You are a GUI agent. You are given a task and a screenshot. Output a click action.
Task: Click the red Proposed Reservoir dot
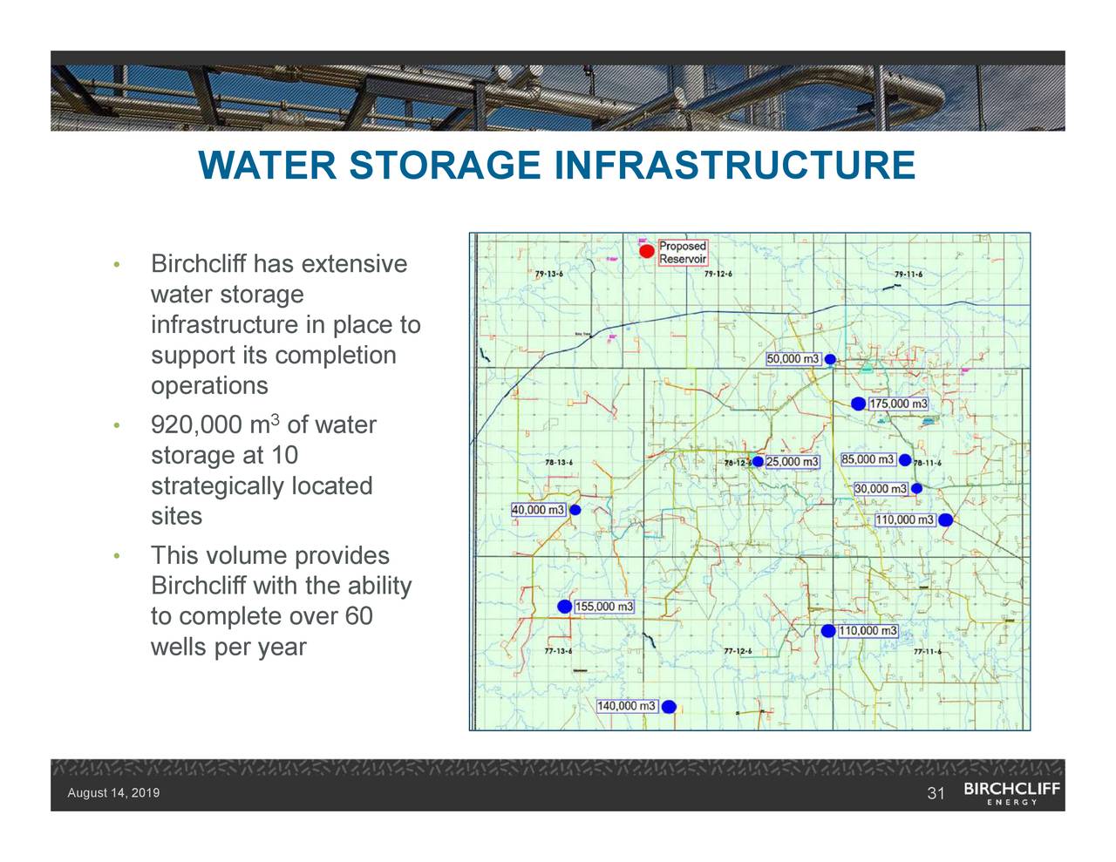click(x=646, y=252)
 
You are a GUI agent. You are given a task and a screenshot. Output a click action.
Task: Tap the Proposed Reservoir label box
click(x=682, y=253)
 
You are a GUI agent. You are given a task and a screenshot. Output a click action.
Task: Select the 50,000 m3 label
click(x=793, y=359)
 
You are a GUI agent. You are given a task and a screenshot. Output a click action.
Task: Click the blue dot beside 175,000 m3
click(x=858, y=404)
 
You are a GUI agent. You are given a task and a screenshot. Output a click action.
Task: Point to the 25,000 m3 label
click(x=792, y=461)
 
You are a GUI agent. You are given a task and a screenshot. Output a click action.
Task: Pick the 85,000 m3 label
click(x=868, y=459)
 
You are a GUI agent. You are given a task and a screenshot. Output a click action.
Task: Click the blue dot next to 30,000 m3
click(x=916, y=489)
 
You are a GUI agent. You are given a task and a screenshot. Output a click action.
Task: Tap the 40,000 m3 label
click(x=538, y=510)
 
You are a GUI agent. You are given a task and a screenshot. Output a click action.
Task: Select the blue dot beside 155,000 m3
click(x=564, y=607)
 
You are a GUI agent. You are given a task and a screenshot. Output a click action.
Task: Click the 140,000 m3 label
click(x=626, y=706)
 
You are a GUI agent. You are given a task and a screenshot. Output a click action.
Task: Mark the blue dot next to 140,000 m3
click(x=669, y=707)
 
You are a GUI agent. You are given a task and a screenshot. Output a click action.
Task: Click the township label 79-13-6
click(x=549, y=275)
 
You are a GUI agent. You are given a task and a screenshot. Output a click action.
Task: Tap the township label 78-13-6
click(x=558, y=462)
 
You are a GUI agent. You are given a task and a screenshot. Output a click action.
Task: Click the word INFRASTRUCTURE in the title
click(x=734, y=166)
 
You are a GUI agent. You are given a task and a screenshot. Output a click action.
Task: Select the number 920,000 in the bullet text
click(x=196, y=425)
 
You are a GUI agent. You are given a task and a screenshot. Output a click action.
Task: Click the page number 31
click(x=936, y=793)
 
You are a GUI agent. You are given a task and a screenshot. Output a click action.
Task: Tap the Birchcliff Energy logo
click(x=1011, y=793)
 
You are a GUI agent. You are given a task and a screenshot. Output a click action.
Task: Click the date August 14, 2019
click(x=113, y=793)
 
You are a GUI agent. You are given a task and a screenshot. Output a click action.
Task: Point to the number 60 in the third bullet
click(x=358, y=616)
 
